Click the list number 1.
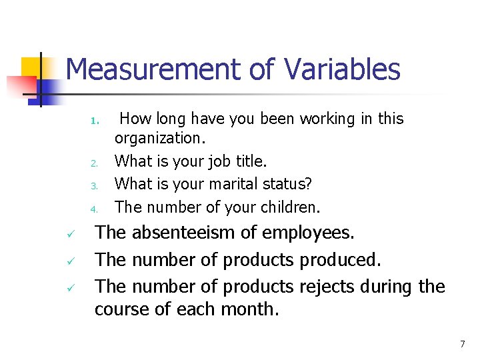click(95, 121)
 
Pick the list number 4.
click(95, 209)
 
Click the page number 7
click(462, 344)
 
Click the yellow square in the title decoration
click(31, 67)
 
